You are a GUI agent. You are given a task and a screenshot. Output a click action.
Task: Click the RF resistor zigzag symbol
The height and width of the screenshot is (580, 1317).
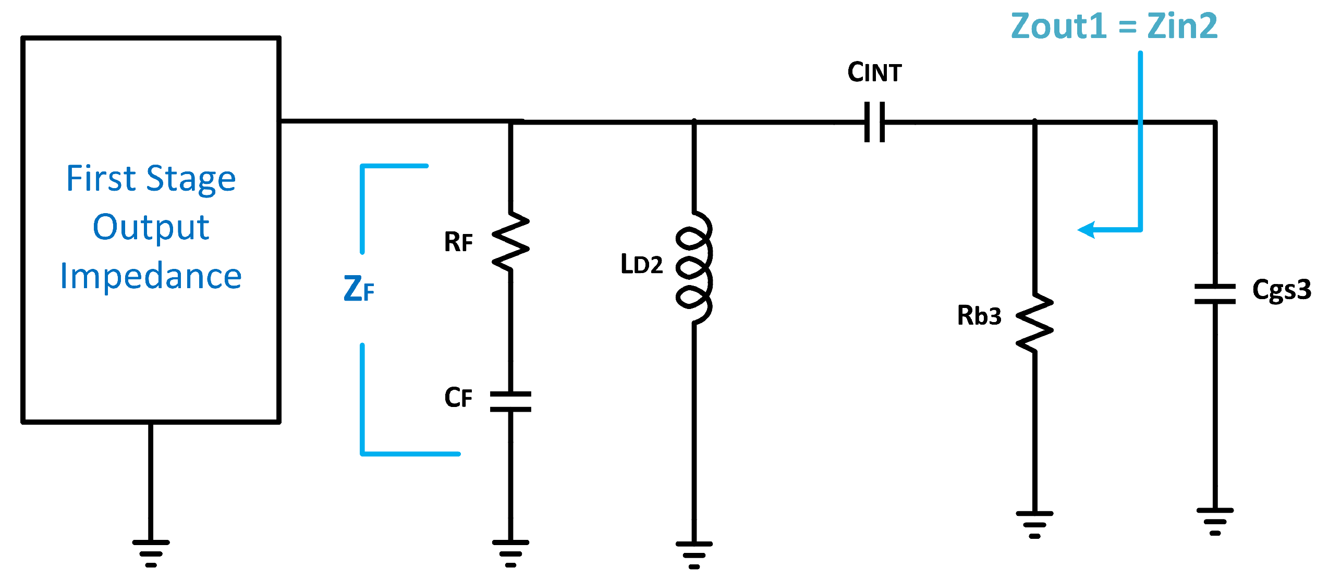510,241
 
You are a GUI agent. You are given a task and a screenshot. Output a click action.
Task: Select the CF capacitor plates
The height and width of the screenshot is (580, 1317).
510,402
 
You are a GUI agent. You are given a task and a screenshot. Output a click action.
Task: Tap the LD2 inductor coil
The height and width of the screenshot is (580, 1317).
694,268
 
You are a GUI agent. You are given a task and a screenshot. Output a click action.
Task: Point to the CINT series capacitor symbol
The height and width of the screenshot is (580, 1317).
874,122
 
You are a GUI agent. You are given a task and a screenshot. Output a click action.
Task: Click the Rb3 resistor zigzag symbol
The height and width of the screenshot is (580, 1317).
1034,323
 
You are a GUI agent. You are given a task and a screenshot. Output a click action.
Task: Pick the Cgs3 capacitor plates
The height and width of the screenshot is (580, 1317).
1215,294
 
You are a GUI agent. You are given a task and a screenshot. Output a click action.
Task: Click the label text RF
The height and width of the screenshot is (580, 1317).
458,242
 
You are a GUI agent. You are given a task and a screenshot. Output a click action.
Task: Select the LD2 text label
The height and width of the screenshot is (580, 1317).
641,265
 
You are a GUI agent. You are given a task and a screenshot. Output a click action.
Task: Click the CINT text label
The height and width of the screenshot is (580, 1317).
874,72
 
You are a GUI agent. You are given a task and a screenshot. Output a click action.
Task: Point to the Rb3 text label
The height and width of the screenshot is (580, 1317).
979,316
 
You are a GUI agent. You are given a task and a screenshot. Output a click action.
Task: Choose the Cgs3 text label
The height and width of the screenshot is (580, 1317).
1281,290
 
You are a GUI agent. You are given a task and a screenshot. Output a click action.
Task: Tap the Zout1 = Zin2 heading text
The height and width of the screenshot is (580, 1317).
1114,26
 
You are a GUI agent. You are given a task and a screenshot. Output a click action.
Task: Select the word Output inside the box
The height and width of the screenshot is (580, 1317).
151,228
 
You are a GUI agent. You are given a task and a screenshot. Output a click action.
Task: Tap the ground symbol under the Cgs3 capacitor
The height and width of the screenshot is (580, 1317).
1215,521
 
